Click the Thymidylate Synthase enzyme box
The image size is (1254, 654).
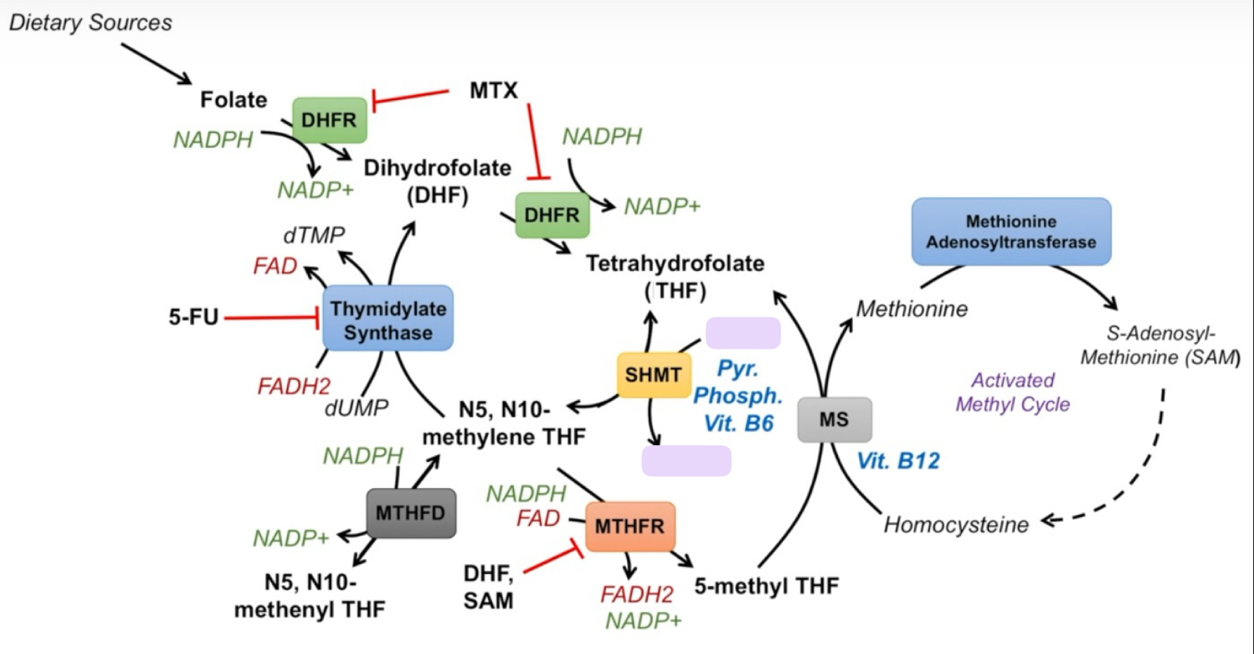388,319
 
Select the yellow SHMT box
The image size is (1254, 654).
653,375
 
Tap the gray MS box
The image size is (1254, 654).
834,419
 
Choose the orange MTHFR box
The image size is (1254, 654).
629,526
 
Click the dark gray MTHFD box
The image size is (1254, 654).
410,513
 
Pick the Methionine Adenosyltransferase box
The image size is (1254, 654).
1011,231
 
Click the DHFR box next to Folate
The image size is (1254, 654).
329,120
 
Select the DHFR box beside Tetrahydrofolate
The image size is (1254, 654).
552,215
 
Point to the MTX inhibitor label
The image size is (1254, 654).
494,91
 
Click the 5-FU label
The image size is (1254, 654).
194,317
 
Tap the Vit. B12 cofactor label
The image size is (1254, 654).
898,460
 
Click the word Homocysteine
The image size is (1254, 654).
956,524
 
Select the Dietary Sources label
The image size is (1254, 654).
91,22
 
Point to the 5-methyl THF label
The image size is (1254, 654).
766,586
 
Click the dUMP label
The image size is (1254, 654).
356,408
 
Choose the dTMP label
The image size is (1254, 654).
314,235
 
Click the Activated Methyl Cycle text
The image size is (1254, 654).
1013,392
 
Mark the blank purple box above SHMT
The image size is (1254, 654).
743,333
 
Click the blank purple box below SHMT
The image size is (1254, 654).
686,461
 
